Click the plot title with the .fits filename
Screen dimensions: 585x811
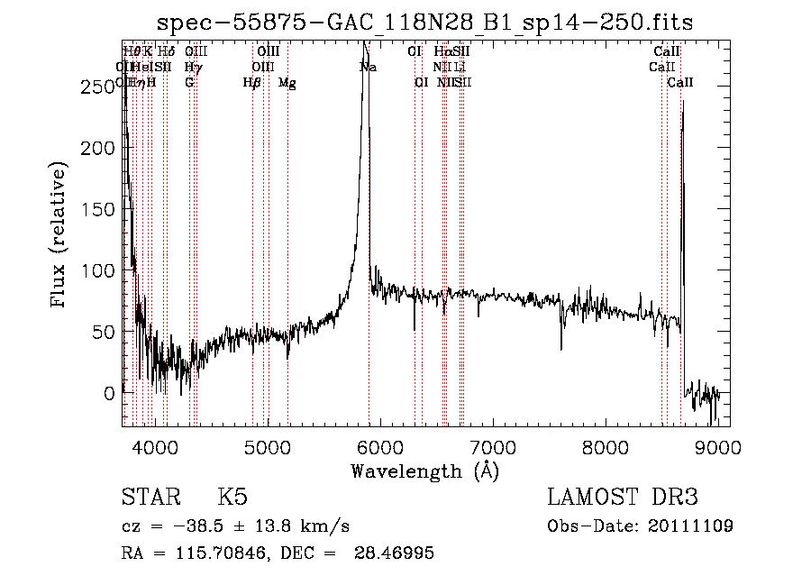tap(425, 23)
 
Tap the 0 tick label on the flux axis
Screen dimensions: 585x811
tap(107, 393)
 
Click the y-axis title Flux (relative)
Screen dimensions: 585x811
tap(60, 236)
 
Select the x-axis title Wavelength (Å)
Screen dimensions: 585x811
tap(424, 471)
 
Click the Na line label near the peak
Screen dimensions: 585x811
tap(369, 67)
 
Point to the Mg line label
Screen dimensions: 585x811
tap(287, 83)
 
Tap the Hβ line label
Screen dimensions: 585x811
tap(251, 83)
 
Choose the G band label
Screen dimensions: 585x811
tap(189, 83)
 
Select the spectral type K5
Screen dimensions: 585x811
tap(232, 498)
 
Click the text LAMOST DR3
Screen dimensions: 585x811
tap(622, 498)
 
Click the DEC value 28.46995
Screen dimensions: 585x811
tap(398, 553)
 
